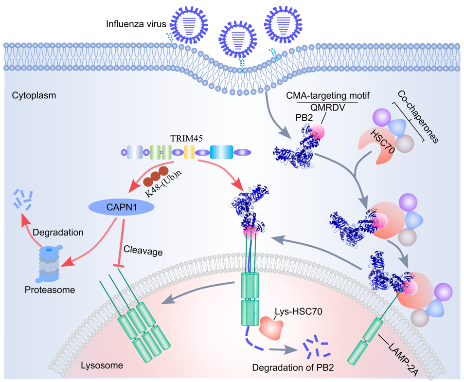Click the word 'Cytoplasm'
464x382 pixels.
(34, 95)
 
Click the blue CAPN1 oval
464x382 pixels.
(122, 208)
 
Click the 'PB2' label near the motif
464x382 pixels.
(303, 118)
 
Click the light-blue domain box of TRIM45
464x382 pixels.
(222, 152)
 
